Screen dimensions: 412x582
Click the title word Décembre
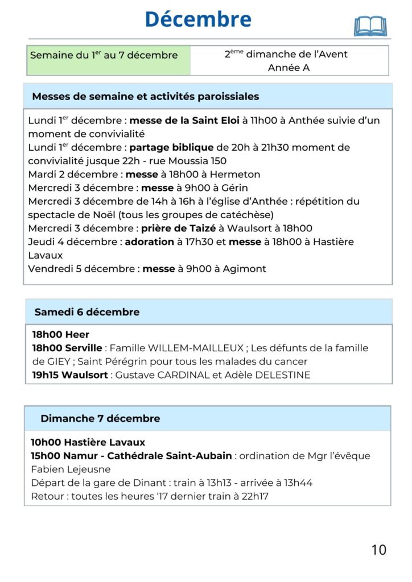[x=198, y=19]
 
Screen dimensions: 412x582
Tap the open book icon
[x=370, y=26]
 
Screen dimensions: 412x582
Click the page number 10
[x=378, y=550]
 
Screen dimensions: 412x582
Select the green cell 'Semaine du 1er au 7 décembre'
[x=104, y=56]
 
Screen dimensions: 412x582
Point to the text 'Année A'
[x=289, y=68]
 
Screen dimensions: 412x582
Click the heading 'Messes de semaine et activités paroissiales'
[x=145, y=97]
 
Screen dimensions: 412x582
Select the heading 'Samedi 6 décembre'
[x=86, y=312]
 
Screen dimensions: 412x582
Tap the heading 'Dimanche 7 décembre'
[x=100, y=419]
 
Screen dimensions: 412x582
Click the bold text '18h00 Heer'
[x=61, y=335]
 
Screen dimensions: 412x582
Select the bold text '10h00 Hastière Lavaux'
[x=88, y=442]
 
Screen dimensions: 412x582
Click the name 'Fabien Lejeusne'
[x=71, y=469]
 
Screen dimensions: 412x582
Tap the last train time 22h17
[x=254, y=496]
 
